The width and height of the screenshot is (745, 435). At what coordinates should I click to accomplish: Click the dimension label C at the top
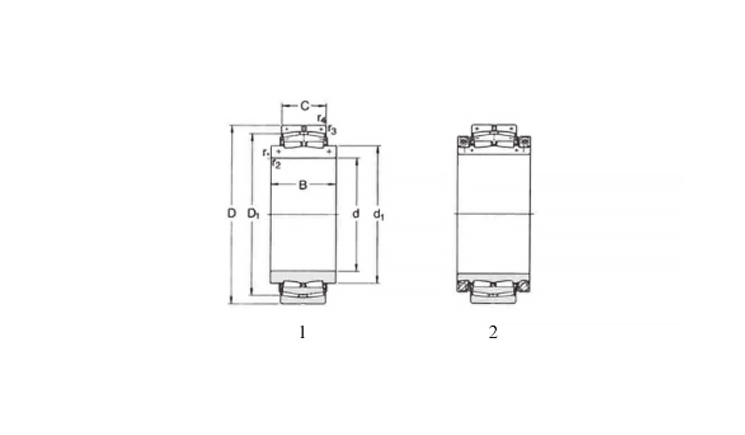[304, 106]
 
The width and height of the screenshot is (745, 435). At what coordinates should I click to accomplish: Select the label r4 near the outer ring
[321, 119]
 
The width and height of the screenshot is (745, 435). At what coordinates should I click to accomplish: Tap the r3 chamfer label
[332, 129]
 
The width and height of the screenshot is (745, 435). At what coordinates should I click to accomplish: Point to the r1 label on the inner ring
[265, 152]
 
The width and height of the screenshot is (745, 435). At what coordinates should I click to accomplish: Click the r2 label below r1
[276, 164]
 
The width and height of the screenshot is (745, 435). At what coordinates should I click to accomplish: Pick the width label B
[302, 185]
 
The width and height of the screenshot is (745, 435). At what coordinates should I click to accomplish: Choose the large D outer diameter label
[232, 214]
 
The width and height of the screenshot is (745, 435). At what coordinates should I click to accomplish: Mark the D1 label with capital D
[253, 214]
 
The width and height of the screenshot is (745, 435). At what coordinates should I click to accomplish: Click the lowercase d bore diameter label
[355, 214]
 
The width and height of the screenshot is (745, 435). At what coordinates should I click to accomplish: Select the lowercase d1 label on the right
[378, 214]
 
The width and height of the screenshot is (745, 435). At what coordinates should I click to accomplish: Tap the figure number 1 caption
[301, 333]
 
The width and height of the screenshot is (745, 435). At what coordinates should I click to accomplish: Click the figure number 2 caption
[493, 333]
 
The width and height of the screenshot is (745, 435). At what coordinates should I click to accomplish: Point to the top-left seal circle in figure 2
[463, 142]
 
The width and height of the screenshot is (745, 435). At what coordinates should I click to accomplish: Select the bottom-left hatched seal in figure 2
[463, 285]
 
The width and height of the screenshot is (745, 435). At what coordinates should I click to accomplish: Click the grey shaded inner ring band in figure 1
[303, 276]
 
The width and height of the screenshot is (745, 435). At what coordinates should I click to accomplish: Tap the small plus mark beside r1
[278, 151]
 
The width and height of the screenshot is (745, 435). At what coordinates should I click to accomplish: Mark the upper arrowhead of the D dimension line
[232, 129]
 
